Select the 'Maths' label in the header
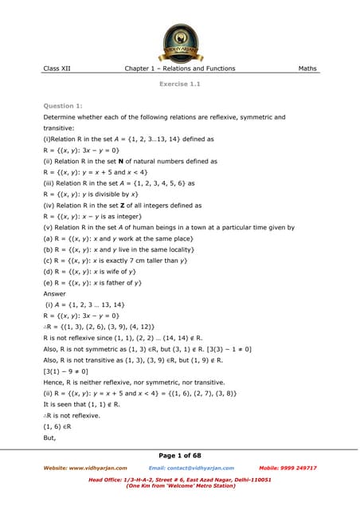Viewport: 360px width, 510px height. click(x=307, y=69)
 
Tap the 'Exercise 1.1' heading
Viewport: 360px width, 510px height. click(x=179, y=84)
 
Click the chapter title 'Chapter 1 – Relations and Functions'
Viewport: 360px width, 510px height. click(x=180, y=69)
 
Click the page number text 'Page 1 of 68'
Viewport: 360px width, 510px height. click(x=180, y=453)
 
